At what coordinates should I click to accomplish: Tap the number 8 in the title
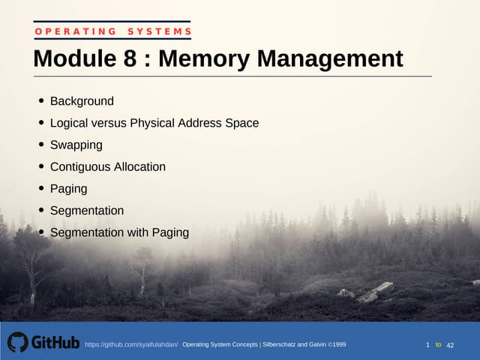(x=129, y=58)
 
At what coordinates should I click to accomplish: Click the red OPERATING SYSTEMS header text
(x=112, y=31)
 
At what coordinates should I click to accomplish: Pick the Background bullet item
(x=82, y=101)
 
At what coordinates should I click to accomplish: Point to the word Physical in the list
(x=153, y=123)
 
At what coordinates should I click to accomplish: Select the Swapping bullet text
(x=76, y=145)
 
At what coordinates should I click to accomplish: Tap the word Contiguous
(x=80, y=166)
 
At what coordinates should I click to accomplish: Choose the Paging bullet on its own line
(x=68, y=188)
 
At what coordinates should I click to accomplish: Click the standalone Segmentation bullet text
(x=86, y=211)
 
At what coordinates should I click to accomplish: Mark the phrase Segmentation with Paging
(x=119, y=232)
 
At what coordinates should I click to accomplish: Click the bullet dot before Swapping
(x=40, y=145)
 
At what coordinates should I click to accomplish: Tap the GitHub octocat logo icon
(x=17, y=342)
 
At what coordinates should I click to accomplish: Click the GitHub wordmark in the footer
(x=55, y=343)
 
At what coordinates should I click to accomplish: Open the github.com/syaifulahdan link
(x=131, y=344)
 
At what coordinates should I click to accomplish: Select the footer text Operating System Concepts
(x=220, y=344)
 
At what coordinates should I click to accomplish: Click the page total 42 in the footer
(x=451, y=345)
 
